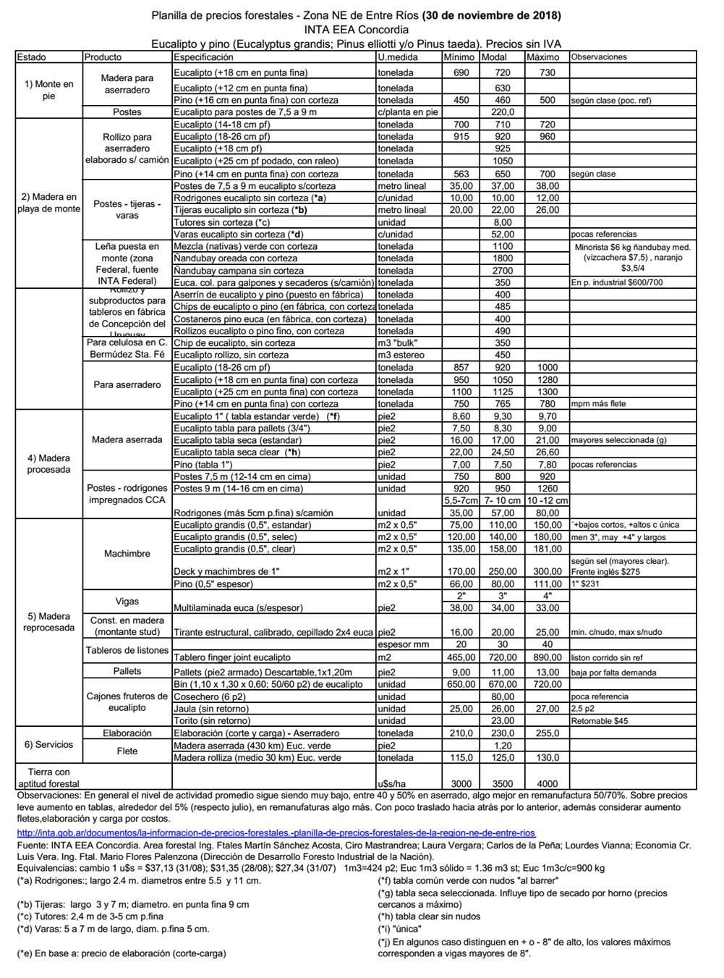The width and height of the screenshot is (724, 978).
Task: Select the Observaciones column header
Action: (x=599, y=57)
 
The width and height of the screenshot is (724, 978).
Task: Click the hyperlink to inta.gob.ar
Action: (x=276, y=833)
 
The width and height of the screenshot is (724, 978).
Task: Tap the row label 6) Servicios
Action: (x=48, y=745)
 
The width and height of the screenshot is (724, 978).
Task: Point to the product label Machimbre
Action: (x=127, y=554)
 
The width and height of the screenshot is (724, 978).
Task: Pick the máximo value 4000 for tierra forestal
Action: (x=547, y=783)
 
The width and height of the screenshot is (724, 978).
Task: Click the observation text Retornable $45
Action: (x=600, y=721)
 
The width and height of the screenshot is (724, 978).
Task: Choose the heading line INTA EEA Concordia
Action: (x=356, y=30)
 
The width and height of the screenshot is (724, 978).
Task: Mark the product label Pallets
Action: (x=127, y=672)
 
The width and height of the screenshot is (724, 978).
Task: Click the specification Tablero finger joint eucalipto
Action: (x=232, y=658)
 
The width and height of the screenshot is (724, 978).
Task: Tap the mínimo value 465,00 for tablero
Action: (x=461, y=658)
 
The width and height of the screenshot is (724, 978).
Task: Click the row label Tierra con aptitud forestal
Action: (x=48, y=777)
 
